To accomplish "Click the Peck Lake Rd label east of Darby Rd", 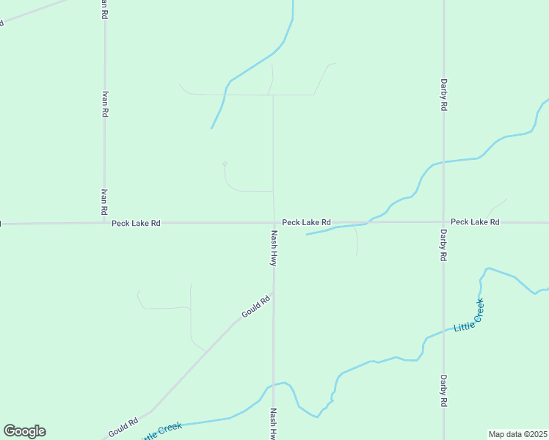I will tap(475, 221).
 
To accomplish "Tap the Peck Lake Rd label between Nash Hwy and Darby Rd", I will tap(306, 221).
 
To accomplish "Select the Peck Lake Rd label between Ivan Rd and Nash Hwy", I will tap(136, 222).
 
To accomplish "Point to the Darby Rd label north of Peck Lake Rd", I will tap(443, 95).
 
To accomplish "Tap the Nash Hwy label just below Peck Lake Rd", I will tap(274, 248).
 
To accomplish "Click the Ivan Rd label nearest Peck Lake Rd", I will tap(104, 202).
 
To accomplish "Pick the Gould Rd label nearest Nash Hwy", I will tap(256, 307).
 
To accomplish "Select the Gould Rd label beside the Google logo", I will tap(123, 428).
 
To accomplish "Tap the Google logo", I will tap(24, 431).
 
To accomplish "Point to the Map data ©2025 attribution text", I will tap(518, 433).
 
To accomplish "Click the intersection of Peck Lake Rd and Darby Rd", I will tap(443, 221).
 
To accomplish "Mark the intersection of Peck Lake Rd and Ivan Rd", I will tap(104, 222).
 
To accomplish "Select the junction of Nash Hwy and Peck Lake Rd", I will tap(274, 222).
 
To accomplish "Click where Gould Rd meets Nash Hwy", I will tap(273, 294).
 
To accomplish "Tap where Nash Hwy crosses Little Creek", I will tap(273, 384).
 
